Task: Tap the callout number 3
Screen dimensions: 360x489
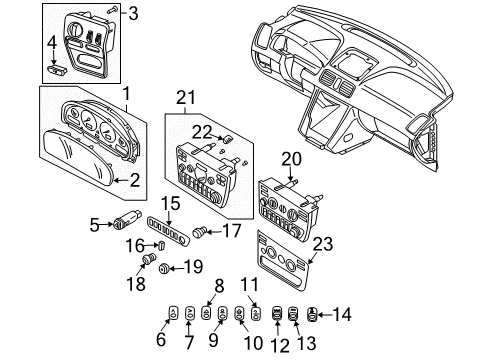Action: tap(135, 12)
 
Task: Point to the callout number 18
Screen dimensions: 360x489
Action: tap(140, 282)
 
